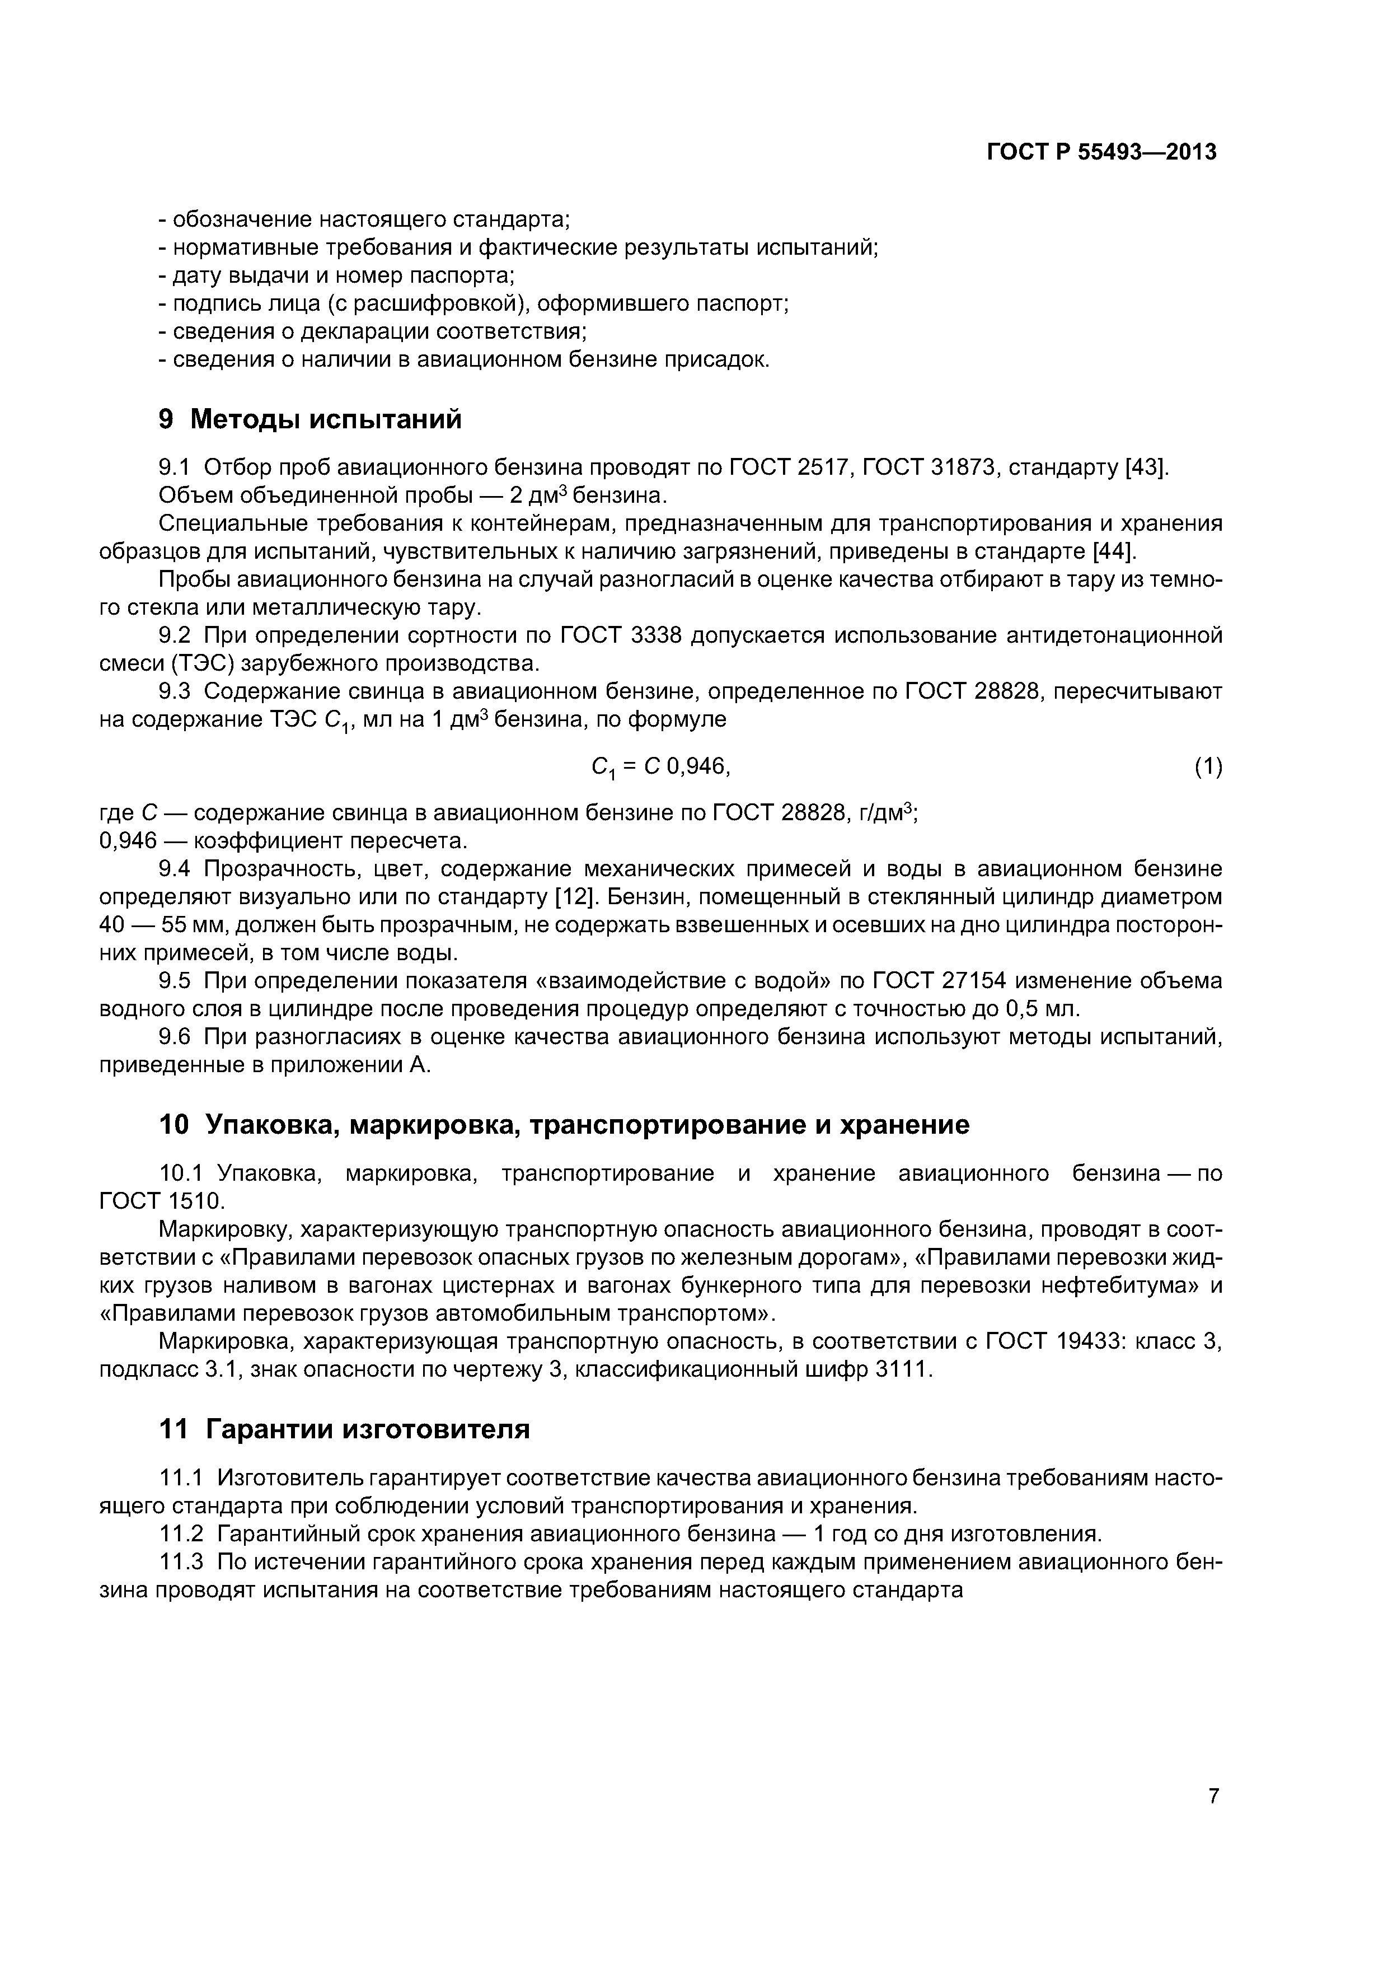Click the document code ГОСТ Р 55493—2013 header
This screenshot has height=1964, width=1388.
pyautogui.click(x=1101, y=152)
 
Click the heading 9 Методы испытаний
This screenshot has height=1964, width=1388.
pyautogui.click(x=311, y=419)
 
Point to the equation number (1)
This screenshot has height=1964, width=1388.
pyautogui.click(x=1208, y=768)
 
